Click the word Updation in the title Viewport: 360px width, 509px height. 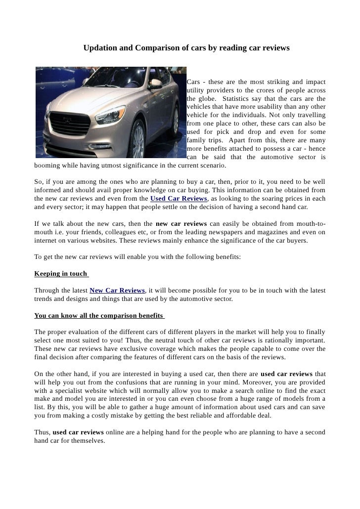99,48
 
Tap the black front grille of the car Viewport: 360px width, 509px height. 72,124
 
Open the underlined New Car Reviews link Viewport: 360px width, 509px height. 117,290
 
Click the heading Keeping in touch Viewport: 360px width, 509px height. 60,274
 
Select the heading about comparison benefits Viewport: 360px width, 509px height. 98,315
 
